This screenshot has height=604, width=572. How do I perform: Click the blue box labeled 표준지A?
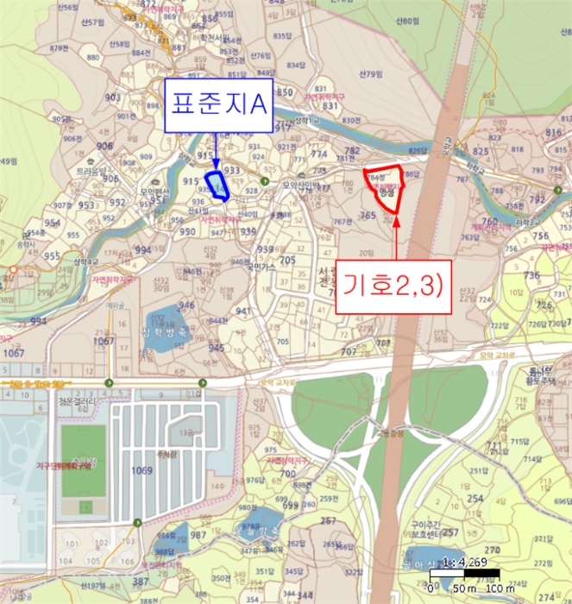[219, 105]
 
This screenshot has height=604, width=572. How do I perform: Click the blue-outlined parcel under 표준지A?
[217, 186]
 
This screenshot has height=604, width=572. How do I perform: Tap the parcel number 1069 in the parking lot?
[141, 471]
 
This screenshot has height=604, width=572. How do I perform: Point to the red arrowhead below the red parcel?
[397, 222]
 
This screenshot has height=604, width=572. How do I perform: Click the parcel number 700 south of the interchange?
[287, 474]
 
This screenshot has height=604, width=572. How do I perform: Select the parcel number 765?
[368, 216]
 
